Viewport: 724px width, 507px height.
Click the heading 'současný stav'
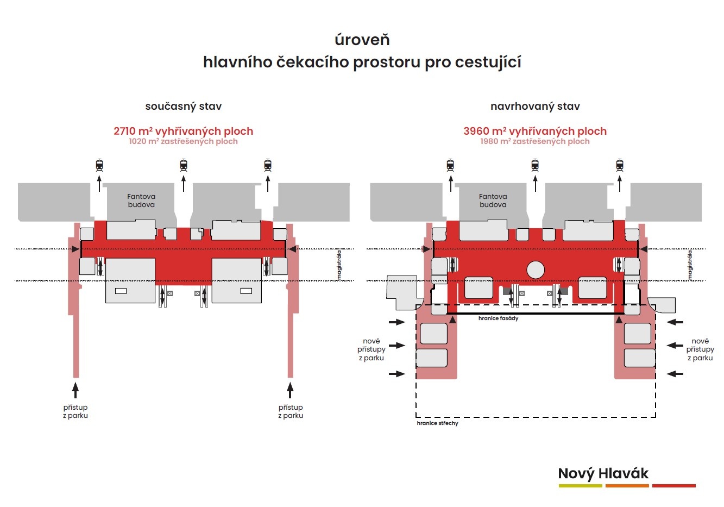point(183,107)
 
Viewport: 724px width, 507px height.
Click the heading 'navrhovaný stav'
point(535,107)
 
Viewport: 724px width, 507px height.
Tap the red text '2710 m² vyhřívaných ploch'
point(183,131)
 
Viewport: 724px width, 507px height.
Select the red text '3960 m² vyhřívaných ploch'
point(535,131)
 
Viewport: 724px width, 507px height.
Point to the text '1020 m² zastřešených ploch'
point(183,141)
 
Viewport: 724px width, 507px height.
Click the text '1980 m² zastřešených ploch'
point(535,141)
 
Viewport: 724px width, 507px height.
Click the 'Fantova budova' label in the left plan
point(141,201)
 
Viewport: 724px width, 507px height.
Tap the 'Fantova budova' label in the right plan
point(493,201)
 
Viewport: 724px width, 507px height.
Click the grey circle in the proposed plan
point(536,270)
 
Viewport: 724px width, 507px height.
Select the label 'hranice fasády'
point(498,318)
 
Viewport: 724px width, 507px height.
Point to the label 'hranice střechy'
point(437,423)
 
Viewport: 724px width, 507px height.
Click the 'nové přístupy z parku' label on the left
point(372,349)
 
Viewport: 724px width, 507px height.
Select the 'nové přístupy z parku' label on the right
point(700,349)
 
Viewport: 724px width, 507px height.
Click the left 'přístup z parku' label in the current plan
point(75,411)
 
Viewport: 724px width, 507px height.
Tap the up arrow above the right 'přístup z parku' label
point(291,390)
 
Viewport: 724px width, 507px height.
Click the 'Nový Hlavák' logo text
point(603,473)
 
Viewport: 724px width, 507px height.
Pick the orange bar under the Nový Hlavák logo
point(627,486)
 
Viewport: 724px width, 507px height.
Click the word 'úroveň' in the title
point(362,40)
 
